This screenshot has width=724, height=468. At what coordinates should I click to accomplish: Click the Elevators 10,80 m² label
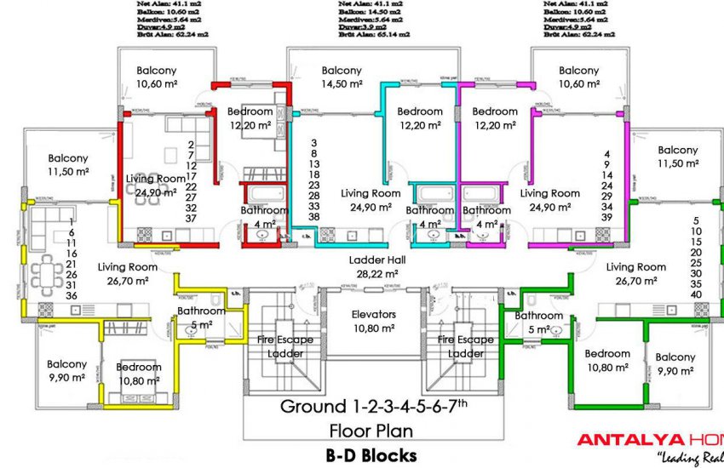374,320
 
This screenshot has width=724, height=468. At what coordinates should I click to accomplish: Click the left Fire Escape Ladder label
285,346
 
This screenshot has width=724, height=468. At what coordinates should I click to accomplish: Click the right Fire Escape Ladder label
466,346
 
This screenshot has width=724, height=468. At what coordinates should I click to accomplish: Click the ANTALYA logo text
630,440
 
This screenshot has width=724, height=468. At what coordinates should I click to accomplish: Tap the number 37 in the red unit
191,219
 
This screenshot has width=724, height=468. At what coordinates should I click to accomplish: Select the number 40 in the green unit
696,294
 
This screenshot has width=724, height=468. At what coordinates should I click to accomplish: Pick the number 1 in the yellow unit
72,220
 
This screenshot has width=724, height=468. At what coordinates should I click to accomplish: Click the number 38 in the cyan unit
313,217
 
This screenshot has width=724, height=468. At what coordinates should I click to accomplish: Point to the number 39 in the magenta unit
606,218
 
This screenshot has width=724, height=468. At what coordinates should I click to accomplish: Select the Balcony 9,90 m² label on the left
66,370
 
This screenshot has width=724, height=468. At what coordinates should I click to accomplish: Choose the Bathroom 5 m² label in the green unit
539,322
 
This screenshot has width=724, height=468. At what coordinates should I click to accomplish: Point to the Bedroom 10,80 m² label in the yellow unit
138,374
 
